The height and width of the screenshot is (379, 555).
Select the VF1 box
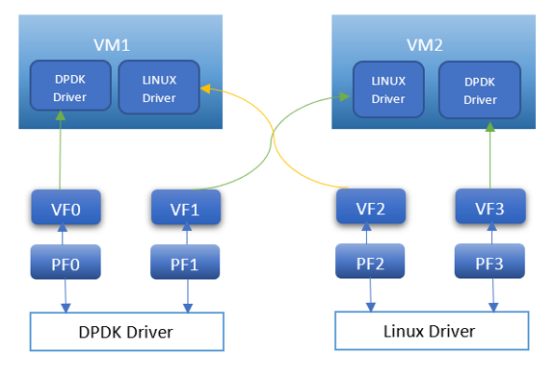(186, 207)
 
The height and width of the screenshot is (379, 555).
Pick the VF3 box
(490, 206)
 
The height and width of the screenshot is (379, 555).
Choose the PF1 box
(186, 261)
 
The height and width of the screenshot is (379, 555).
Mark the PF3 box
(490, 260)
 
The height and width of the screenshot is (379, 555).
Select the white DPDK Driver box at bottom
(126, 333)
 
